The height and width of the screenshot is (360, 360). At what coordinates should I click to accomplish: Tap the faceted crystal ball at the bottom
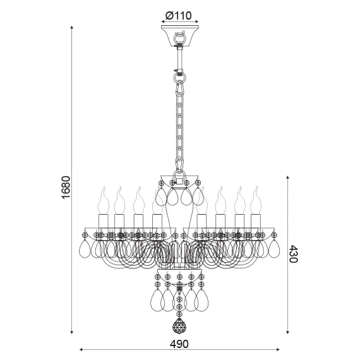pos(180,327)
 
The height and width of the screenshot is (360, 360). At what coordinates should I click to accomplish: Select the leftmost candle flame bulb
pos(102,200)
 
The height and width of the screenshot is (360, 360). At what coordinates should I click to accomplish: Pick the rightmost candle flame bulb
pos(256,200)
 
